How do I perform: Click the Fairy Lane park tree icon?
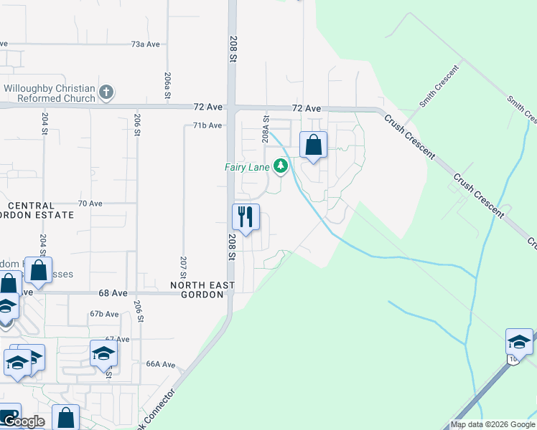click(x=281, y=167)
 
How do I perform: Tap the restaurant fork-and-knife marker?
click(x=246, y=216)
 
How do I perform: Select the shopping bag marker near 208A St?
click(x=313, y=145)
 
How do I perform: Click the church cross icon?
click(x=106, y=92)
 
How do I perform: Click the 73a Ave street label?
click(x=145, y=44)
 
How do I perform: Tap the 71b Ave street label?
click(x=207, y=125)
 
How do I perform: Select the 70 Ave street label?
click(x=90, y=204)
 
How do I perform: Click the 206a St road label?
click(x=167, y=85)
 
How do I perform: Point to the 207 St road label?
click(x=184, y=267)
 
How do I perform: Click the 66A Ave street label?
click(x=161, y=364)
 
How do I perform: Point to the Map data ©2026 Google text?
click(x=492, y=424)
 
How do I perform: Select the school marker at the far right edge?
click(x=519, y=342)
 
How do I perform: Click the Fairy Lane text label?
click(x=247, y=168)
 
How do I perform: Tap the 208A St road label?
click(x=266, y=129)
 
